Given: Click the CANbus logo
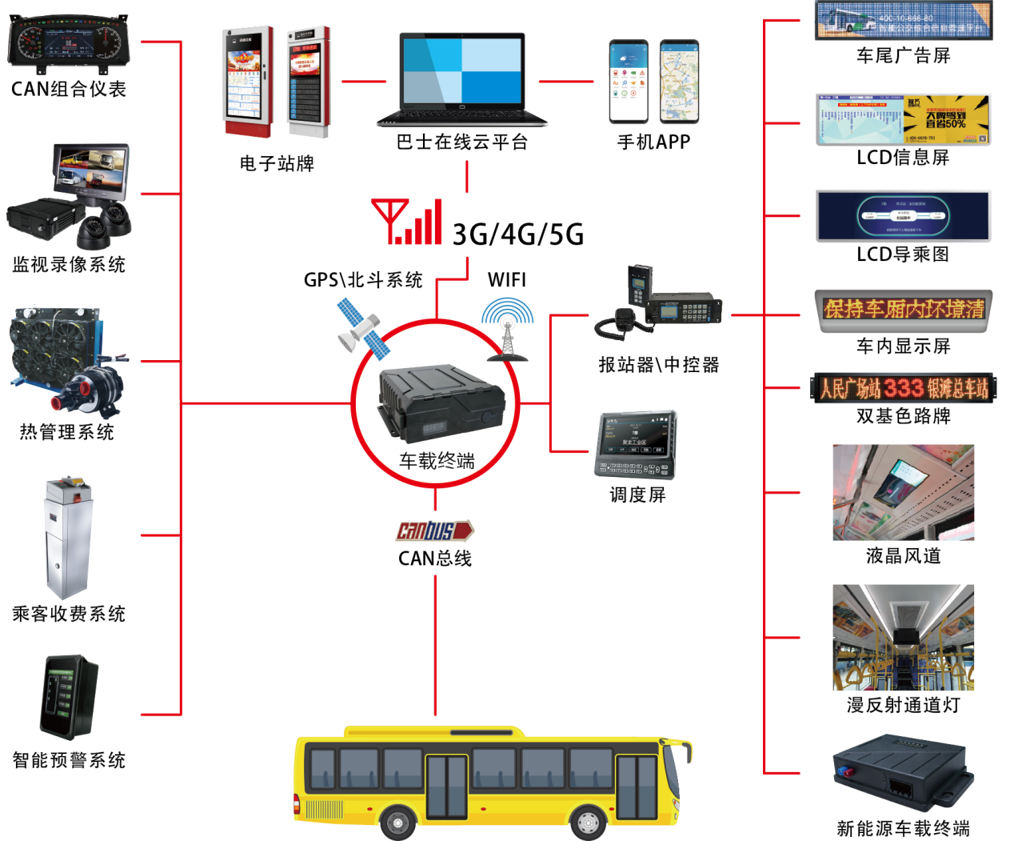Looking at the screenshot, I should (435, 531).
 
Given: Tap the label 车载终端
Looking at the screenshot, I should (437, 461).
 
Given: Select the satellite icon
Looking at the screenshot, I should (361, 327).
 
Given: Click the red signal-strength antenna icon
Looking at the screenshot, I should (408, 222).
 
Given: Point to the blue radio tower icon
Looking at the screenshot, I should (508, 329).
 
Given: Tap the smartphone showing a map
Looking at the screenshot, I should (679, 82).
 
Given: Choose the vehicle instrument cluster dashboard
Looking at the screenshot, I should (68, 42).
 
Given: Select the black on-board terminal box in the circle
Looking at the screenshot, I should (442, 402).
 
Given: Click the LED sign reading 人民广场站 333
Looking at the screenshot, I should (904, 388).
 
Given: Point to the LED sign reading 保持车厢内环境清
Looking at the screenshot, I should (904, 309).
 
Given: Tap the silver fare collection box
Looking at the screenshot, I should (69, 538).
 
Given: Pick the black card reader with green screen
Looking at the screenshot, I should (69, 697).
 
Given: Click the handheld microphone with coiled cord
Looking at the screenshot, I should (617, 322).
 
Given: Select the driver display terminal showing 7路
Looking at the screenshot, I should (637, 444).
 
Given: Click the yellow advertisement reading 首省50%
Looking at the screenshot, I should (946, 118).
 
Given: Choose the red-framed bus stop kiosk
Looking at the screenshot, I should (248, 82).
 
